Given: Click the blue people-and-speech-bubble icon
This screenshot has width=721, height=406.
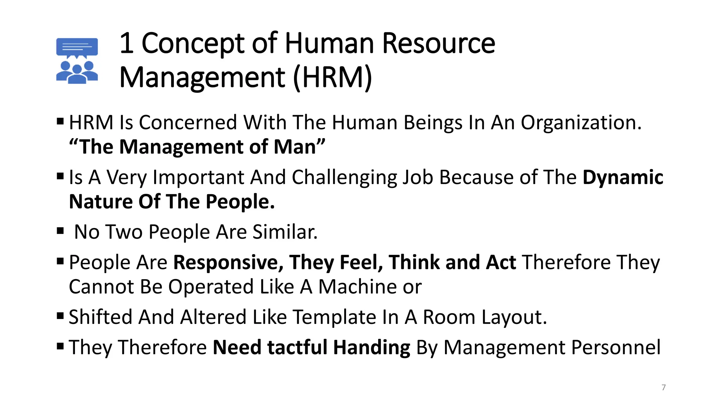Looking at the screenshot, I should [x=77, y=61].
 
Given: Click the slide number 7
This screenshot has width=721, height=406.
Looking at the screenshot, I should [x=664, y=387].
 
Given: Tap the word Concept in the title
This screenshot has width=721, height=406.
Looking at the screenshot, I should [x=193, y=44].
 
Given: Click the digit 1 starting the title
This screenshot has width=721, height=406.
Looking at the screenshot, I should [x=126, y=44].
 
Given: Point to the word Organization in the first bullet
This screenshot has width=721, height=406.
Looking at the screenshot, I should [x=581, y=123].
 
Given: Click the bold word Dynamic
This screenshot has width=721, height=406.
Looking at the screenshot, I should [x=623, y=177].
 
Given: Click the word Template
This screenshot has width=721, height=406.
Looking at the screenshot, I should [x=334, y=317].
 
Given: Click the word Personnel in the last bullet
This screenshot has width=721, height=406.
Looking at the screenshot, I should [x=616, y=347].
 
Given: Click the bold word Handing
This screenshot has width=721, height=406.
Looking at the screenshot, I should [x=372, y=348].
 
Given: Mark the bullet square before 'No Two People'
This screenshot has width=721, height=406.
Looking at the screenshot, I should [x=60, y=231].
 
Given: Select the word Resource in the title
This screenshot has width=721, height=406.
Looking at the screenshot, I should [x=439, y=44].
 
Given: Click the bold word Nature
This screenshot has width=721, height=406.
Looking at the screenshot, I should [x=101, y=202].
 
